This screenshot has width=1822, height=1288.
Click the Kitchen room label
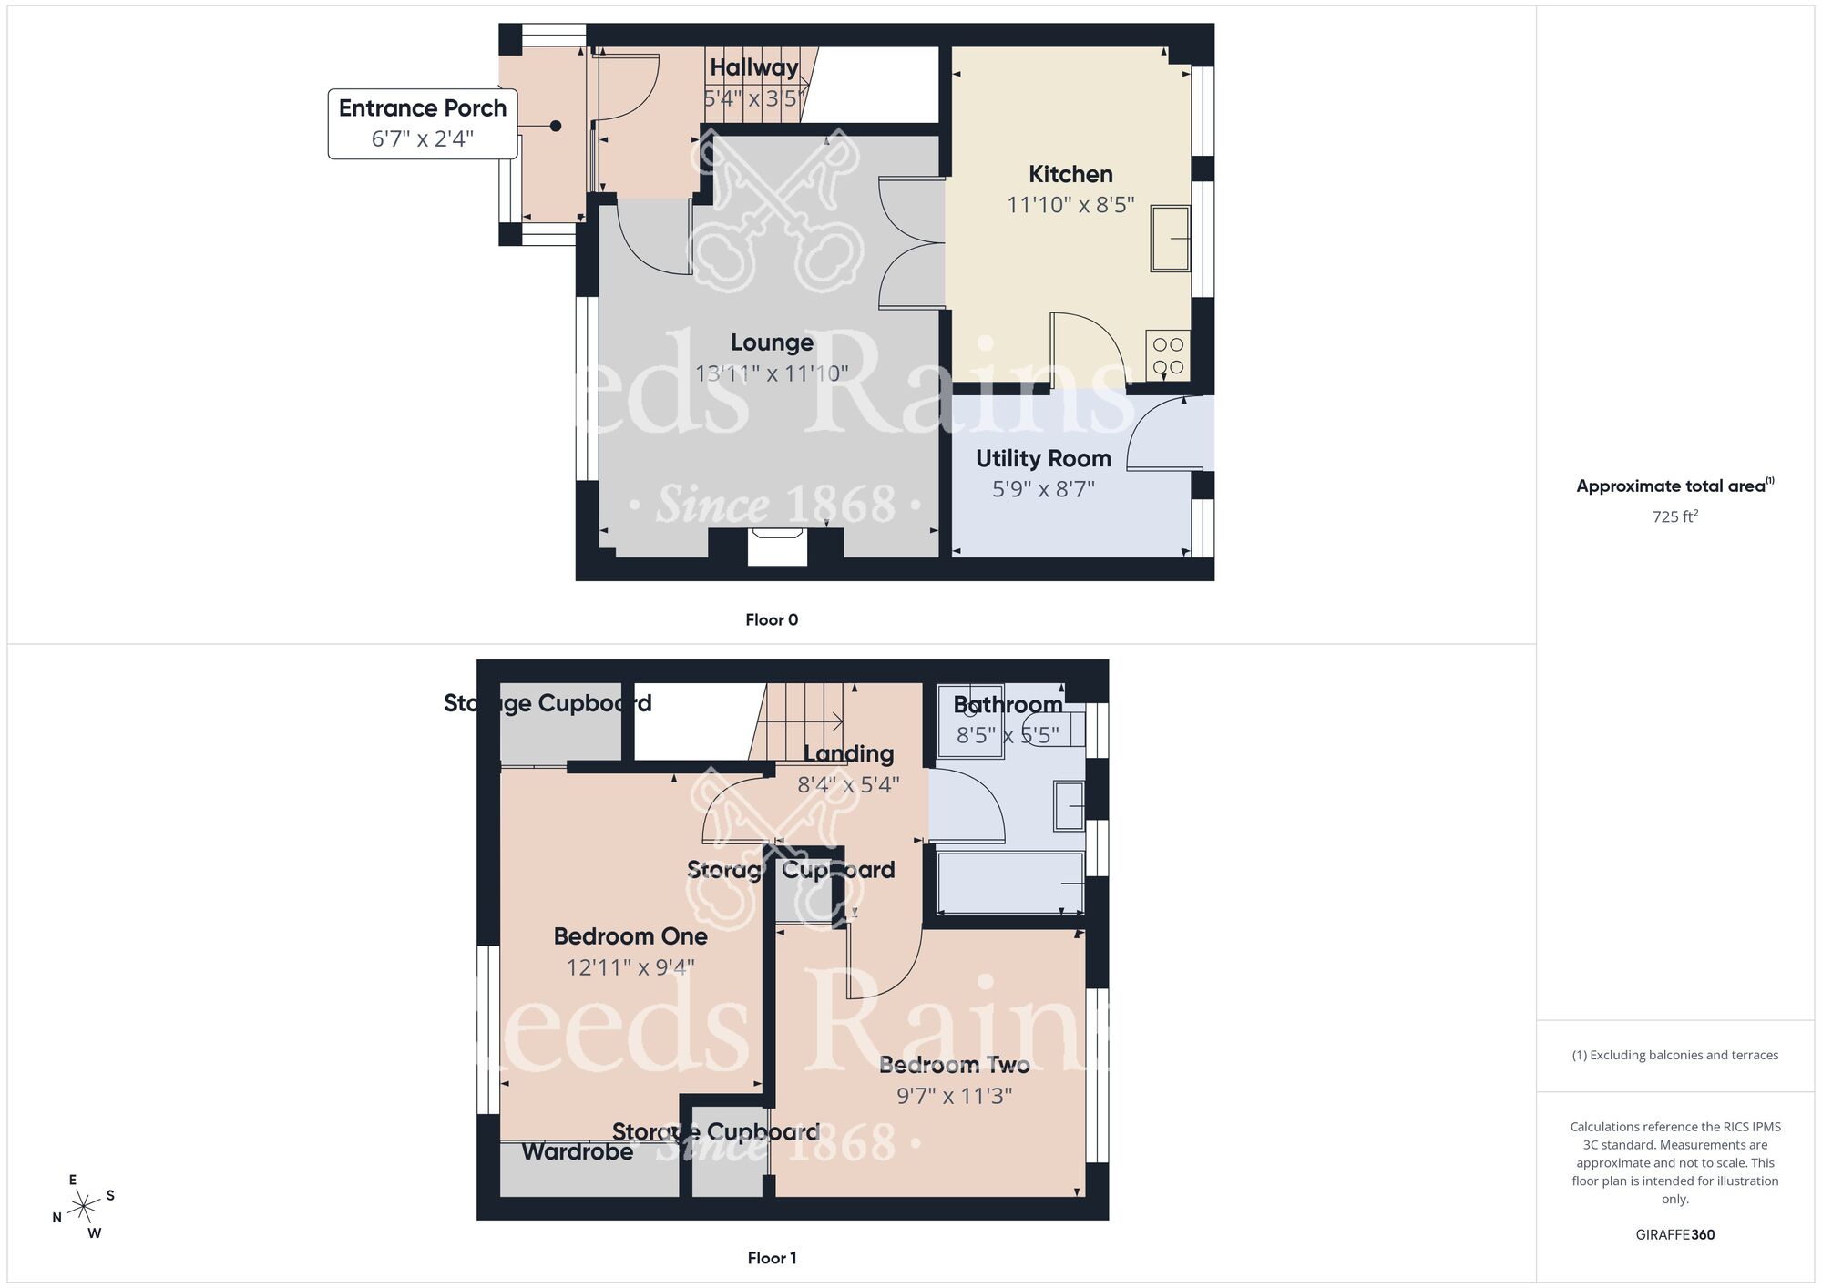[x=1070, y=174]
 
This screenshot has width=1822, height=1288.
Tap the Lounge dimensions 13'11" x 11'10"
[x=772, y=373]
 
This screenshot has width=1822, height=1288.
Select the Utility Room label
[x=1043, y=458]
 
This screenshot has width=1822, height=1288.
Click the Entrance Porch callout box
[x=423, y=123]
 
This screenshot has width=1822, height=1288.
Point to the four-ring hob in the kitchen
[x=1168, y=355]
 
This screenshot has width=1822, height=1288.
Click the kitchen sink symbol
[x=1171, y=239]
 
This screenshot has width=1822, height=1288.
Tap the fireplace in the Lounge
[x=776, y=547]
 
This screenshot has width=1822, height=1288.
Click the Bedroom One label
[x=630, y=936]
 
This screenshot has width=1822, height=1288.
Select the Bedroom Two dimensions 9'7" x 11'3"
[x=954, y=1096]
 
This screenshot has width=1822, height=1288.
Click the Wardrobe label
[x=578, y=1151]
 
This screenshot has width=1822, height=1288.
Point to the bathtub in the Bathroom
[x=1010, y=882]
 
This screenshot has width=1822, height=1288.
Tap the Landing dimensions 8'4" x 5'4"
[x=848, y=784]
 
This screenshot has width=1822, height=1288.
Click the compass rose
[x=85, y=1207]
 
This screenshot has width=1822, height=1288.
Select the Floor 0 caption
[x=772, y=620]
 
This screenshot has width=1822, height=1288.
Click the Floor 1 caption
[x=772, y=1258]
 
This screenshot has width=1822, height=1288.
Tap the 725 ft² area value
[x=1674, y=516]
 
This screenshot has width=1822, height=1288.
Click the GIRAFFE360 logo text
[x=1674, y=1235]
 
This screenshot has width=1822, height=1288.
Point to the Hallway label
[x=753, y=67]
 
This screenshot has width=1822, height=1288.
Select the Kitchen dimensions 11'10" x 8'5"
[x=1070, y=205]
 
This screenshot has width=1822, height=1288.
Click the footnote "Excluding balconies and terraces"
[x=1674, y=1055]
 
